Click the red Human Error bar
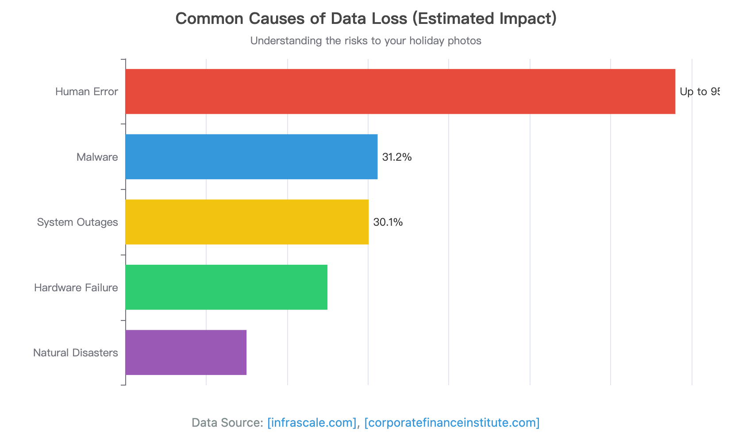tap(400, 92)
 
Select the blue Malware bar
tap(251, 157)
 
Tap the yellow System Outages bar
tap(247, 222)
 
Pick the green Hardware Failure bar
tap(226, 287)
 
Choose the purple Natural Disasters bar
tap(186, 352)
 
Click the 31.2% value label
tap(397, 157)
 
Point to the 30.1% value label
tap(388, 222)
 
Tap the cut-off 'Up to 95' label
tap(699, 92)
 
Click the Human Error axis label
tap(87, 92)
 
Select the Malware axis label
tap(97, 157)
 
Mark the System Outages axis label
tap(77, 222)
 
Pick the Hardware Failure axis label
tap(76, 288)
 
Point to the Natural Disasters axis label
tap(76, 353)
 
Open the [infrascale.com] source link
tap(312, 423)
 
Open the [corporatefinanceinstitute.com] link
tap(452, 423)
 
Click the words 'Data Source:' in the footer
tap(227, 423)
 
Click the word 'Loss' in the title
tap(389, 19)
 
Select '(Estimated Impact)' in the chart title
tap(485, 19)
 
